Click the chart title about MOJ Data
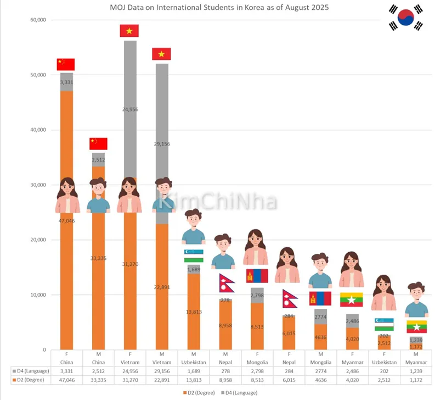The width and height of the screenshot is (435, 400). (x=216, y=8)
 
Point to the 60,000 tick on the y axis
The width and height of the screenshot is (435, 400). (x=38, y=20)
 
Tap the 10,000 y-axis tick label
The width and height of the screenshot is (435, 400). (x=38, y=295)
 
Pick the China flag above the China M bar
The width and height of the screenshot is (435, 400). (x=98, y=143)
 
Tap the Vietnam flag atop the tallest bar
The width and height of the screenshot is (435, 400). (x=129, y=31)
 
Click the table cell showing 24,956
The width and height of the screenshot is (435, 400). (x=129, y=372)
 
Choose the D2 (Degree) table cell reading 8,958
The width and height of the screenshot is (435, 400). (x=224, y=380)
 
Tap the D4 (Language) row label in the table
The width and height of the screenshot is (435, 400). (x=32, y=372)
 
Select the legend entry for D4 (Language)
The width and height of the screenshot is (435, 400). (x=239, y=392)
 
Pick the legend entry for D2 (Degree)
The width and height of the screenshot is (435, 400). (x=199, y=392)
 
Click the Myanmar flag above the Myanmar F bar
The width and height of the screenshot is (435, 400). (x=352, y=299)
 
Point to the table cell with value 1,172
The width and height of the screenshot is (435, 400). (x=415, y=380)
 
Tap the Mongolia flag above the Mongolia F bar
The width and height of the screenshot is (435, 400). (x=256, y=275)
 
